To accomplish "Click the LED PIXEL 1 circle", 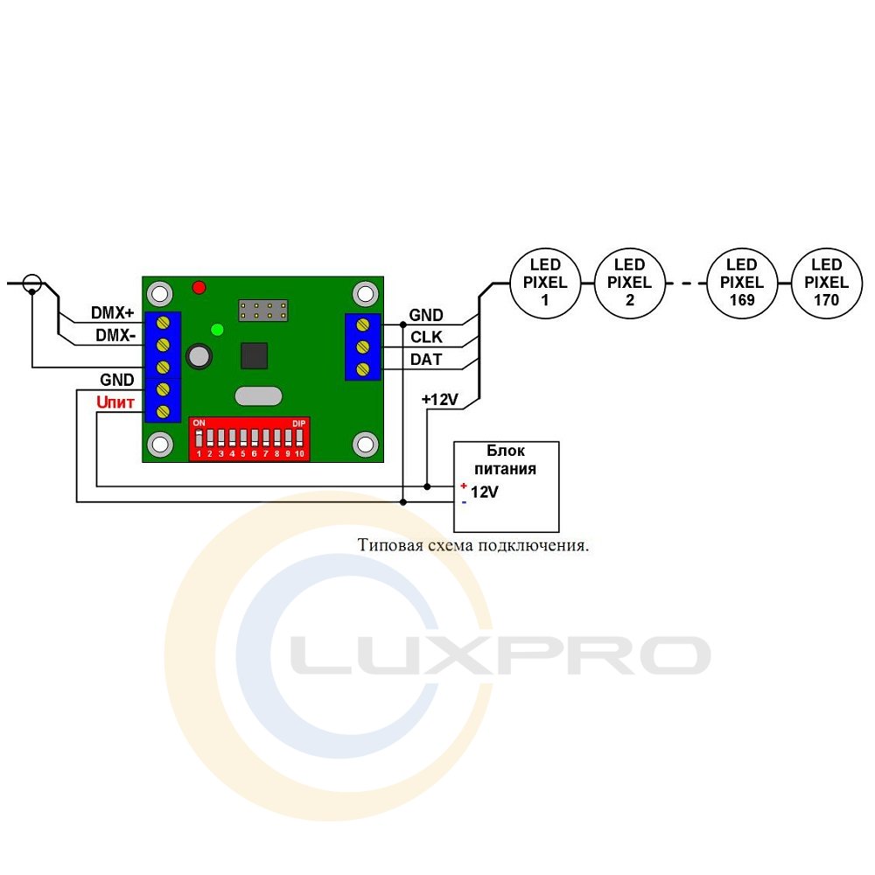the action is pyautogui.click(x=545, y=283).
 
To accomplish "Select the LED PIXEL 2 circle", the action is pyautogui.click(x=629, y=283).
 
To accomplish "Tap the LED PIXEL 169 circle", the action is pyautogui.click(x=742, y=283).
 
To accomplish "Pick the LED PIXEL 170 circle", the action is pyautogui.click(x=827, y=283).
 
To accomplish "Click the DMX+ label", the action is pyautogui.click(x=113, y=312).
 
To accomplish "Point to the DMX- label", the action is pyautogui.click(x=115, y=335).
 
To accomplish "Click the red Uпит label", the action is pyautogui.click(x=115, y=402).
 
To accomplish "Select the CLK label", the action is pyautogui.click(x=426, y=337).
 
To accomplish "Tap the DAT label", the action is pyautogui.click(x=426, y=360).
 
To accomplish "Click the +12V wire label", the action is pyautogui.click(x=440, y=400).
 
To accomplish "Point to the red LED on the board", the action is pyautogui.click(x=199, y=287).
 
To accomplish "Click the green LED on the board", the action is pyautogui.click(x=218, y=330).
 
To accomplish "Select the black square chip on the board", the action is pyautogui.click(x=254, y=356).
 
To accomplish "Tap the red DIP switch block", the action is pyautogui.click(x=249, y=439).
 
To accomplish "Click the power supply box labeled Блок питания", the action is pyautogui.click(x=506, y=486).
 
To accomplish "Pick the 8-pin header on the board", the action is pyautogui.click(x=263, y=311).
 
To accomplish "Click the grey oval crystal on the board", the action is pyautogui.click(x=258, y=396).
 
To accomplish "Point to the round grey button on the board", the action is pyautogui.click(x=199, y=355).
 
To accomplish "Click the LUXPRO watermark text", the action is pyautogui.click(x=500, y=655).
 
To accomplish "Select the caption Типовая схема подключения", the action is pyautogui.click(x=473, y=545).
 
